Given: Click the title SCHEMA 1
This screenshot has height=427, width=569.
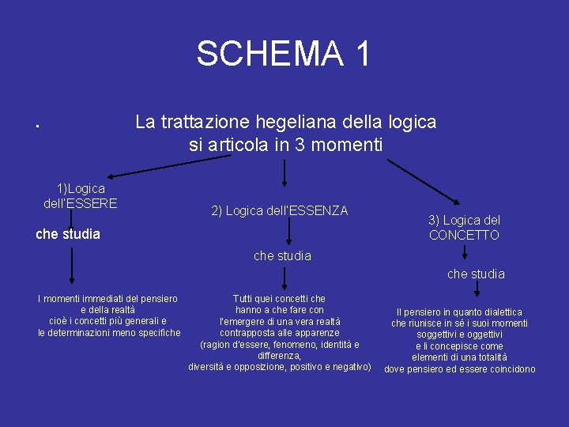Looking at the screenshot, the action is click(x=283, y=54).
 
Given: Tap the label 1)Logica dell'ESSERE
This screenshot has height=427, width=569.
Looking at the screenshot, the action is click(x=80, y=195).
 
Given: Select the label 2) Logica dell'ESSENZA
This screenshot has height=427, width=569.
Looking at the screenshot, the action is click(x=280, y=210).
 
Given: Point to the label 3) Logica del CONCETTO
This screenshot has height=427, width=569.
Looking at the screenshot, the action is click(x=464, y=228).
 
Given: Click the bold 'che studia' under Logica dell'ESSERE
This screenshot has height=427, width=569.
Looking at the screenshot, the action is click(x=68, y=234).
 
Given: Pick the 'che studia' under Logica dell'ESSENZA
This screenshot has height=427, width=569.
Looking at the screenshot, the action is click(x=282, y=255).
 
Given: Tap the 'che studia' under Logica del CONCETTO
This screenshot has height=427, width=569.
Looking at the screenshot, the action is click(x=476, y=274).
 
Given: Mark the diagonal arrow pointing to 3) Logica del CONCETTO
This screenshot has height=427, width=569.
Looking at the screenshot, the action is click(x=427, y=183).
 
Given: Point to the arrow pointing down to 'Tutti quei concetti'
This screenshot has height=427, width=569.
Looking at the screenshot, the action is click(x=284, y=278).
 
